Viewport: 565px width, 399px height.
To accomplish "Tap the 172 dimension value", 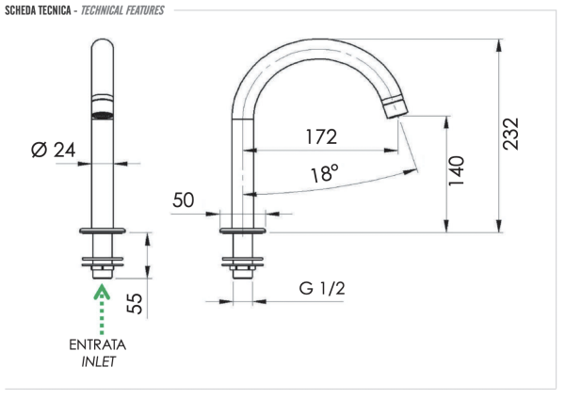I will [x=320, y=136].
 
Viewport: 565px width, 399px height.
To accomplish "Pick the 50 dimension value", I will [x=184, y=200].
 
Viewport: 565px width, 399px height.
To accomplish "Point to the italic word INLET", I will [x=99, y=361].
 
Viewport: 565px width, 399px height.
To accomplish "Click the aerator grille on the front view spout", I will [x=101, y=113].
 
